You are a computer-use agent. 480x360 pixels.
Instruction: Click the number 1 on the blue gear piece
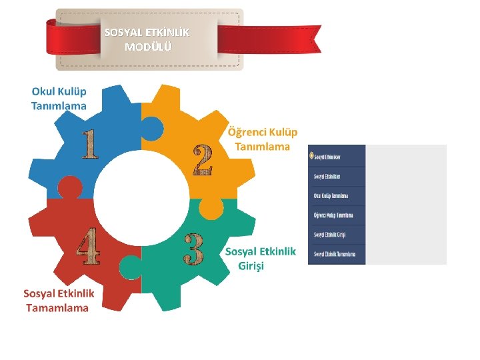click(x=89, y=144)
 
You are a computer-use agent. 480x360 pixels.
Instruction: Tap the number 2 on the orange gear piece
click(x=203, y=159)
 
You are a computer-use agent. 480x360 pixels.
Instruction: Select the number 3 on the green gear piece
click(x=193, y=248)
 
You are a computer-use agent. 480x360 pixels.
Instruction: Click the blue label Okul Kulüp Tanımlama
click(x=59, y=98)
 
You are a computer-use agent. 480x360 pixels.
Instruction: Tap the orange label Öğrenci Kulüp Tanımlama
click(x=263, y=139)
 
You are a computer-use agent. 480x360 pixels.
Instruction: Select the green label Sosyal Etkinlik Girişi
click(x=260, y=258)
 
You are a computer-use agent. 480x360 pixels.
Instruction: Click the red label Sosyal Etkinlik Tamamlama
click(x=59, y=301)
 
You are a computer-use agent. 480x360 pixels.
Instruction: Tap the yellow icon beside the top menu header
click(x=311, y=156)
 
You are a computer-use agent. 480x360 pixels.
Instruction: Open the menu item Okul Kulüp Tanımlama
click(x=331, y=196)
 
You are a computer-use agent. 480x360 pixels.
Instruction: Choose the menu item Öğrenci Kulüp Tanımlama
click(x=333, y=215)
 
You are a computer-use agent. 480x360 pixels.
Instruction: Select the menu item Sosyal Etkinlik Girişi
click(x=329, y=235)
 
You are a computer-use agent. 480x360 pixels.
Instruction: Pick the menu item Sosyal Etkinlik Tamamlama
click(x=335, y=254)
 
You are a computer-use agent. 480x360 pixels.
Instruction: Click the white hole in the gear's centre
click(x=141, y=199)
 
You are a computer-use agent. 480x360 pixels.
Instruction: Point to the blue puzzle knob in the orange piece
click(x=152, y=128)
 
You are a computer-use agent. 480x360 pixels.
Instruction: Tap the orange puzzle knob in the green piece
click(x=211, y=209)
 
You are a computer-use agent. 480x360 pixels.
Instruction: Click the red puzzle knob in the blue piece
click(x=69, y=189)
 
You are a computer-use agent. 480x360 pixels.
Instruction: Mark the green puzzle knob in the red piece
click(x=129, y=268)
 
